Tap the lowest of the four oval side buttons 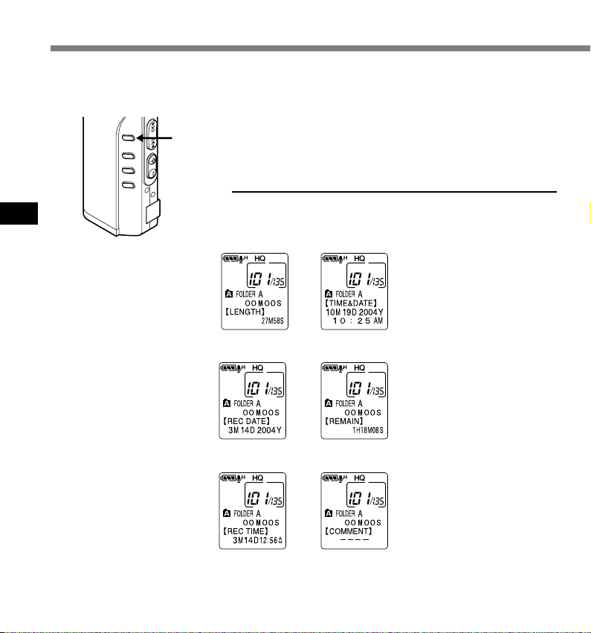[x=127, y=184]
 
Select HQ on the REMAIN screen [x=360, y=367]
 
